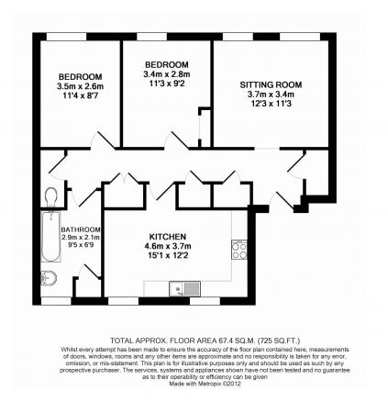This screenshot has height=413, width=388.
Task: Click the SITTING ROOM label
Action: click(262, 84)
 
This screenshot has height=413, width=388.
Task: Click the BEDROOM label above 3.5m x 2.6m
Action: click(81, 75)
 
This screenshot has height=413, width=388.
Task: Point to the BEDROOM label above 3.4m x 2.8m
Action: click(166, 63)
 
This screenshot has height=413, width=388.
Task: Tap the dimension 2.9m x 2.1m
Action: click(81, 238)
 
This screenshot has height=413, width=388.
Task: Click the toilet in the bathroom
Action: click(50, 195)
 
